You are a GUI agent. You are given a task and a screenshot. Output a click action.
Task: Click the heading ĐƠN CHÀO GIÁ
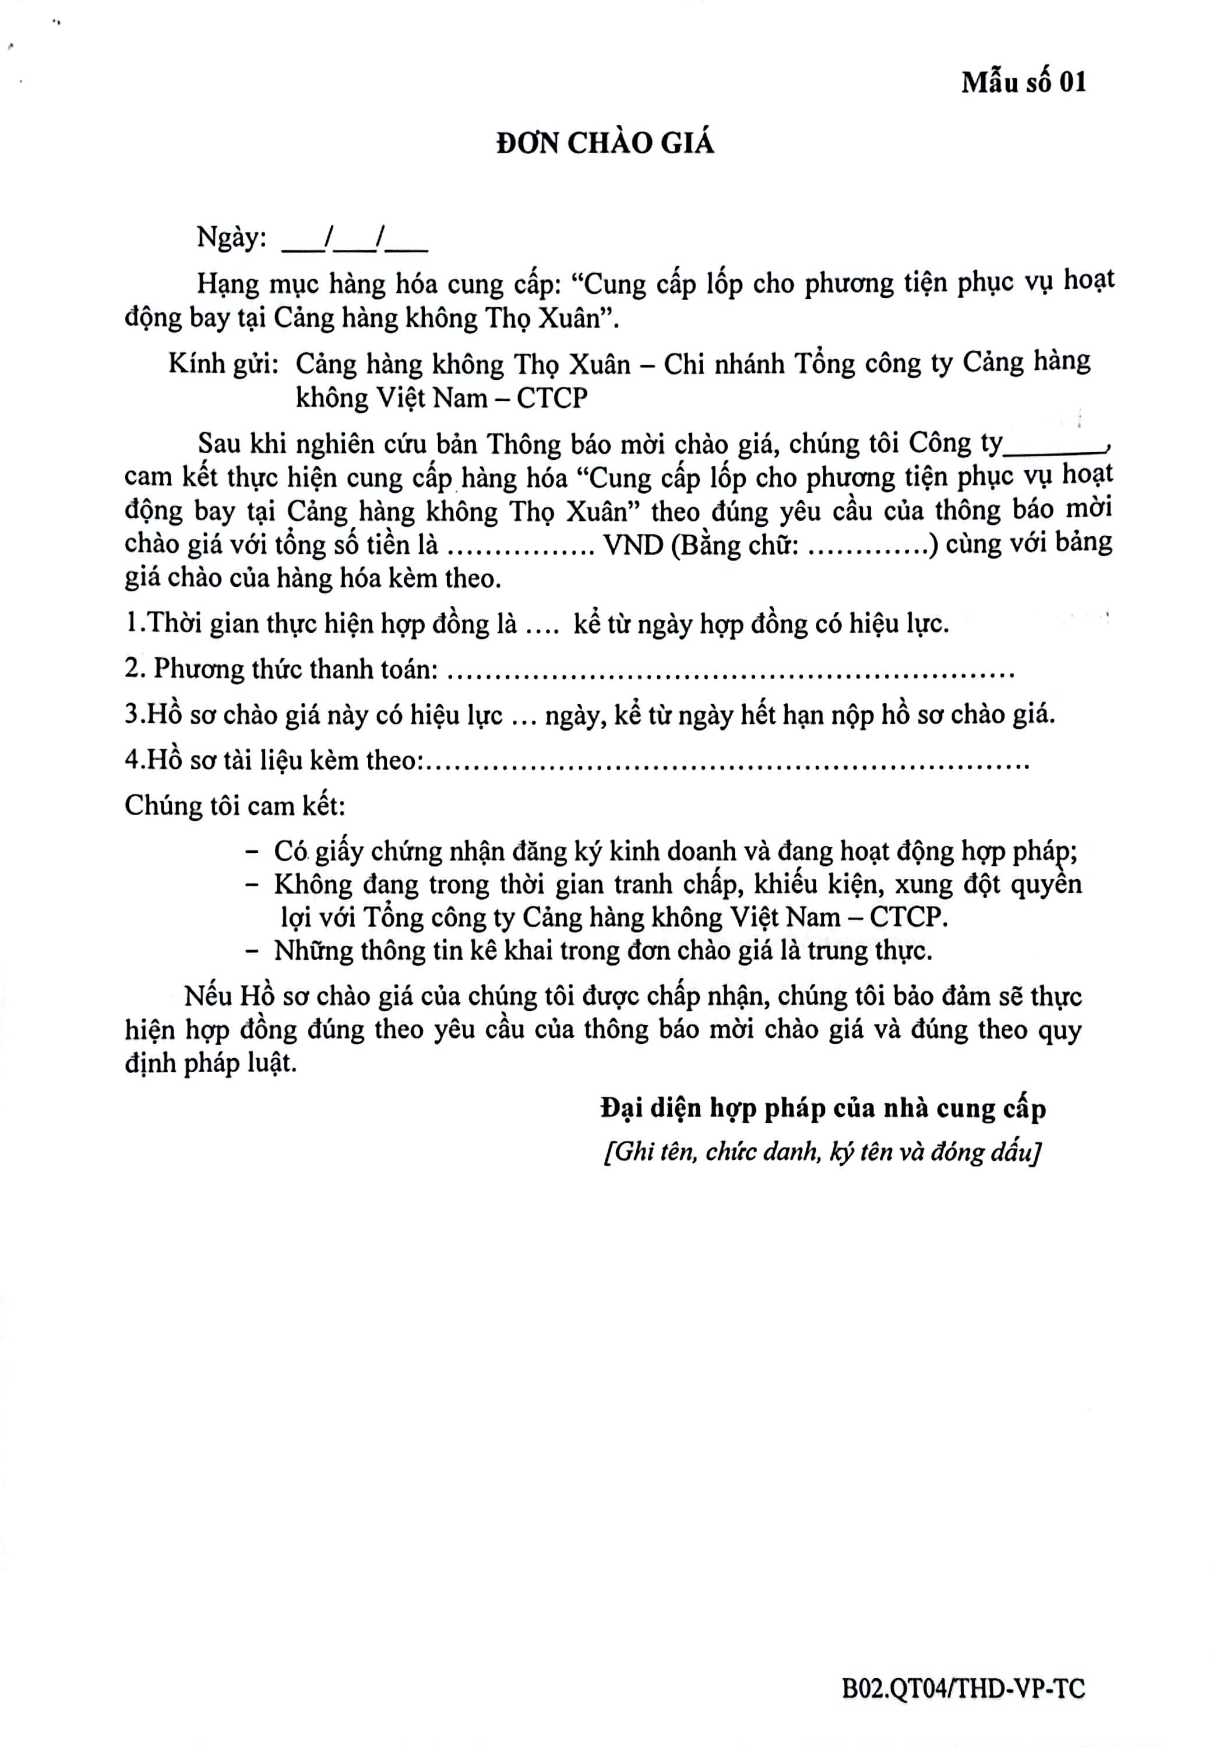point(605,143)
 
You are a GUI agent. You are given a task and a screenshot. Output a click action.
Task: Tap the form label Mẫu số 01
point(1023,82)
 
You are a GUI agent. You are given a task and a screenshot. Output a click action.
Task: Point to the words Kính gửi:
point(223,364)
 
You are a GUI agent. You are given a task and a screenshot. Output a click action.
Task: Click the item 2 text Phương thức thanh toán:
point(282,669)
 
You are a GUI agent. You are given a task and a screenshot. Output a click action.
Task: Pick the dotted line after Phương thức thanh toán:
point(729,673)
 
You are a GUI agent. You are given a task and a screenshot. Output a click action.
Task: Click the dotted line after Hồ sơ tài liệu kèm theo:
point(727,764)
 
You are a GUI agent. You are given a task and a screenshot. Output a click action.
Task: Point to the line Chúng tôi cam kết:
point(235,805)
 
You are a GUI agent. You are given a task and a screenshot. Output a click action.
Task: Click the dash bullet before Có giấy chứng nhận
point(252,852)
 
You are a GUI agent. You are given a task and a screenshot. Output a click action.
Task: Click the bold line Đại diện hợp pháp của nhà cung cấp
point(822,1108)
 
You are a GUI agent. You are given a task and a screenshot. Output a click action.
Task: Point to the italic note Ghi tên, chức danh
point(822,1152)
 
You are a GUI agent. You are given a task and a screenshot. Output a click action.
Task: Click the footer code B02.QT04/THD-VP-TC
point(963,1689)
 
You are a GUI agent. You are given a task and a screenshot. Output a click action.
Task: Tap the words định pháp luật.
point(211,1063)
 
